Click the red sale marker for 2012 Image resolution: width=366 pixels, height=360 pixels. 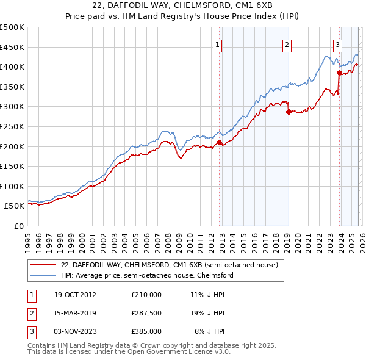click(219, 143)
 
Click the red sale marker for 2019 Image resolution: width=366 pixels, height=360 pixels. click(288, 111)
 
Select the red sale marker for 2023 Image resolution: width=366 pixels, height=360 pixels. click(339, 73)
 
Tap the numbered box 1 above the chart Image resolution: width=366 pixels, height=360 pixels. click(218, 44)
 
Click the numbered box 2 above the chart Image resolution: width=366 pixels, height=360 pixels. click(287, 44)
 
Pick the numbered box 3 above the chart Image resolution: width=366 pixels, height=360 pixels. click(337, 44)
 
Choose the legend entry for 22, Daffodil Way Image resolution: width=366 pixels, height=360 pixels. click(169, 265)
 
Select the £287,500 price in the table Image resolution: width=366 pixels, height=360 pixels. click(146, 313)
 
